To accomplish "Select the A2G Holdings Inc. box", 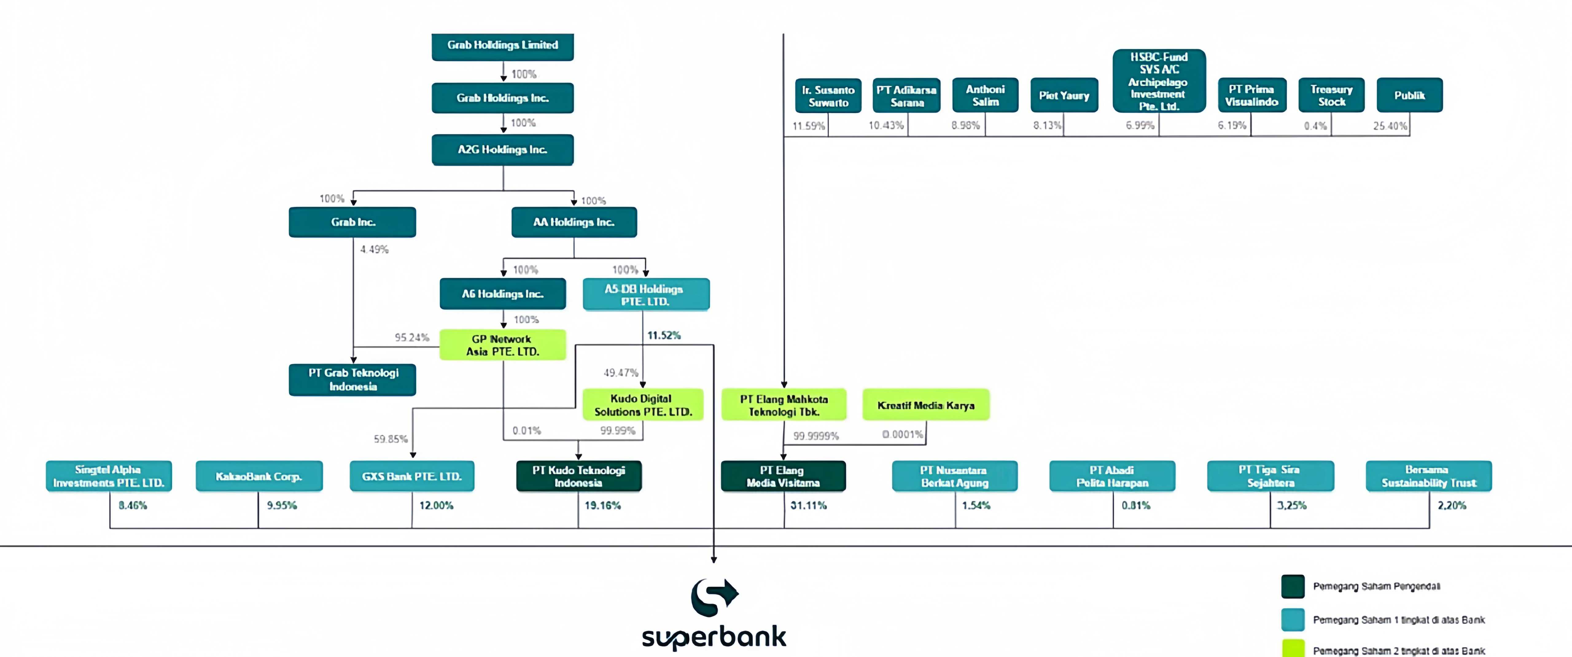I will click(502, 150).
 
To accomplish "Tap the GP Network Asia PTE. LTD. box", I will click(502, 345).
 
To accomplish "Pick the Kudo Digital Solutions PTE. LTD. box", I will click(643, 404).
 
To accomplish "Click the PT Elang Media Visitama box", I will click(783, 476).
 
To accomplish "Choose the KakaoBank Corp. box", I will click(259, 476).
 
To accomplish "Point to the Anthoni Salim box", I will click(985, 95).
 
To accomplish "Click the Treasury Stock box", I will click(1331, 95).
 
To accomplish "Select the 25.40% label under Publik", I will click(1390, 126).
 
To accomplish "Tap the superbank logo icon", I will click(714, 597).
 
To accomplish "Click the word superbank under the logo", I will click(714, 637).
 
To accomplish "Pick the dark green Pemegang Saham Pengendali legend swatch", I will click(1293, 586).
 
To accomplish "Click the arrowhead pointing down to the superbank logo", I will click(713, 559).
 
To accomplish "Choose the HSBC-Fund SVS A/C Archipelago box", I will click(1158, 81).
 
